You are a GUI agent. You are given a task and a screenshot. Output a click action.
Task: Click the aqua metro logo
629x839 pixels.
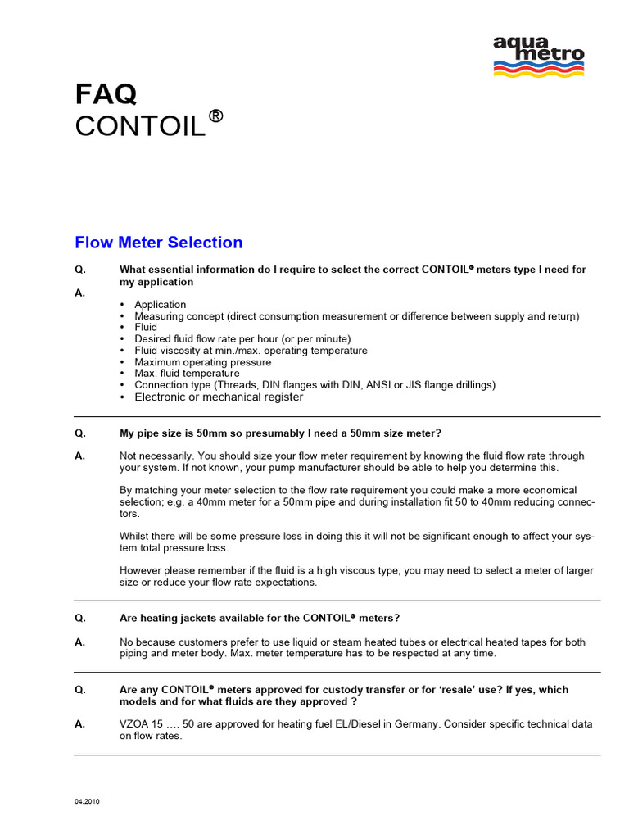point(538,56)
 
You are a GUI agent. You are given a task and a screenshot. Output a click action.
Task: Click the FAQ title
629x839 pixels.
point(106,95)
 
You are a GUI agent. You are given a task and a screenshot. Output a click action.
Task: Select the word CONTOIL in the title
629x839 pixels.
point(140,127)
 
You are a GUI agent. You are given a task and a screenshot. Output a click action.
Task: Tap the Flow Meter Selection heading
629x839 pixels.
point(158,243)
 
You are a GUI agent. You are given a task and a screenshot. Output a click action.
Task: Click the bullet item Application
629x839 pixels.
point(161,305)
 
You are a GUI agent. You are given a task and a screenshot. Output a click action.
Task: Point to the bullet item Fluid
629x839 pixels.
point(146,328)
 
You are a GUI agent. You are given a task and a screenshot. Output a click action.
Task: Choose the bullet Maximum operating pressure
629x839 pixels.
point(202,362)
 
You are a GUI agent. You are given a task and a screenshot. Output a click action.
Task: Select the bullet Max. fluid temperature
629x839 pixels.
point(187,374)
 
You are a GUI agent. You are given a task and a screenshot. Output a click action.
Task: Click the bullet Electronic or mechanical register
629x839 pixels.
point(219,397)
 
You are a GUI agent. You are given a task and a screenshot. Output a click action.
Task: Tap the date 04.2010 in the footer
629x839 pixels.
point(88,801)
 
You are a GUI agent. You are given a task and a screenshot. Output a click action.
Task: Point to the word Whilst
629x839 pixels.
point(136,536)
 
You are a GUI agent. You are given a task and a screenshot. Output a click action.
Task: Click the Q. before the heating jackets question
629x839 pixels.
point(79,617)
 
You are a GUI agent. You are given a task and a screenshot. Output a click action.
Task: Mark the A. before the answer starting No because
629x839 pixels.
point(79,642)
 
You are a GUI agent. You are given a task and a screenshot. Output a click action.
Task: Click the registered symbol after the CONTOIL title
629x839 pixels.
point(215,116)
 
